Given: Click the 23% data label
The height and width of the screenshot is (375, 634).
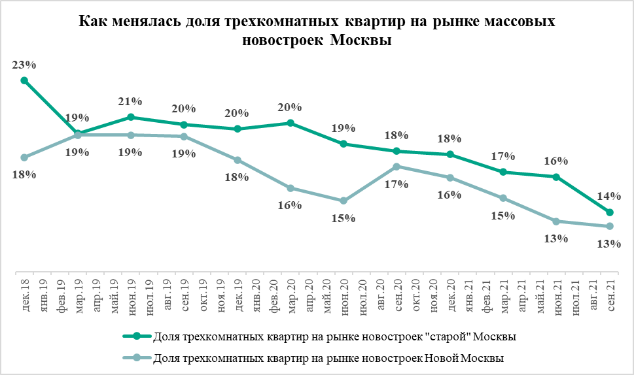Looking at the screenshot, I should coord(24,65).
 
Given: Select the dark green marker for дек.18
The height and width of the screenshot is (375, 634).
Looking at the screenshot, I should coord(24,80).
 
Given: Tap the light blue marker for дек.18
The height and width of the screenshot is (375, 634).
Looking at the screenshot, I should coord(24,157).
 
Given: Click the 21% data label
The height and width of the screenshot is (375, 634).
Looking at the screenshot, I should coord(130,101).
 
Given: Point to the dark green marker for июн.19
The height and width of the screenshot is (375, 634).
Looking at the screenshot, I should coord(130,117).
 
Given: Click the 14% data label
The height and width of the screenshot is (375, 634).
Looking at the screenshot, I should coord(609,196).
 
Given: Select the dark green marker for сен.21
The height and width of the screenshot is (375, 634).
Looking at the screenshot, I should coord(609,212).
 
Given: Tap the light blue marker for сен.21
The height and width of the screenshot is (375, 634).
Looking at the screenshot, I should coord(609,226).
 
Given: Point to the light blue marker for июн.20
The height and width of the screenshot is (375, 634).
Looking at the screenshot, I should coord(343,201).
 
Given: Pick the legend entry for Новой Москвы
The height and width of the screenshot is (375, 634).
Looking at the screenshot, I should coord(327,357).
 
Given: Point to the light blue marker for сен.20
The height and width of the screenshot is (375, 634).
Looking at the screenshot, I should coord(396,167).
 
